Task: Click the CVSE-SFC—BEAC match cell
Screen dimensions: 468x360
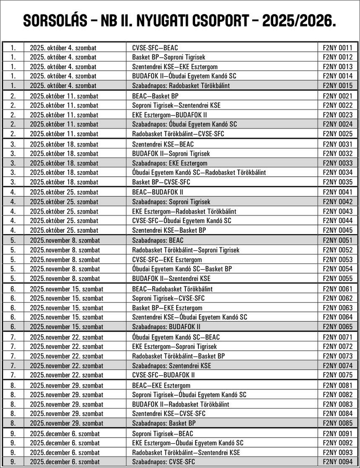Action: pyautogui.click(x=155, y=48)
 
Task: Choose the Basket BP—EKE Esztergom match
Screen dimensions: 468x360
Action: pyautogui.click(x=167, y=307)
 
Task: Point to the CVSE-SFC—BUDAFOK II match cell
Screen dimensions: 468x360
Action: pyautogui.click(x=164, y=374)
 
